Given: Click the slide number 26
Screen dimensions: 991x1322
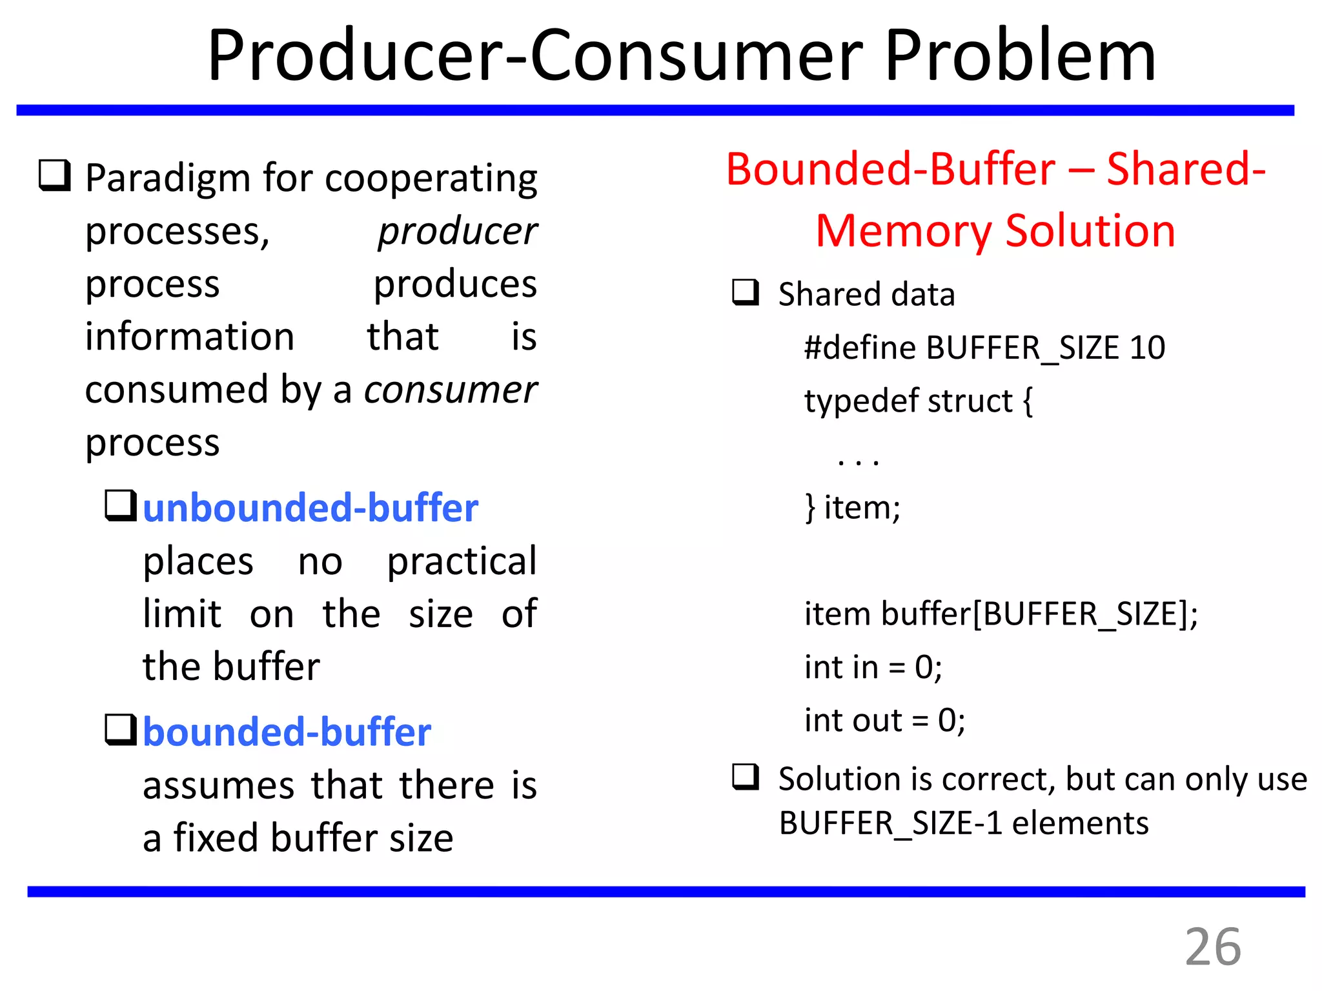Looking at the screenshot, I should pyautogui.click(x=1212, y=947).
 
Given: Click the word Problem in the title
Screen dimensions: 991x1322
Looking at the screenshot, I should pyautogui.click(x=1020, y=57).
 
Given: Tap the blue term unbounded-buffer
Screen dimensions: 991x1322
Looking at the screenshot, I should pyautogui.click(x=310, y=508).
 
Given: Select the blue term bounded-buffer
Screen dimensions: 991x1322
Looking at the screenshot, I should pyautogui.click(x=287, y=733).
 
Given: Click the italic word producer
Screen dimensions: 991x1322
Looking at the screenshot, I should pyautogui.click(x=457, y=231).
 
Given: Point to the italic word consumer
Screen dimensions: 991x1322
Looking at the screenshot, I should pyautogui.click(x=450, y=390).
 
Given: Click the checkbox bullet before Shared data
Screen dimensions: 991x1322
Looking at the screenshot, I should pyautogui.click(x=746, y=292).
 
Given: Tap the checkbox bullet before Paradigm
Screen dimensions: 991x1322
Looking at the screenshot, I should pyautogui.click(x=54, y=175).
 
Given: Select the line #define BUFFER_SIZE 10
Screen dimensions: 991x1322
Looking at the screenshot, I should pyautogui.click(x=984, y=348).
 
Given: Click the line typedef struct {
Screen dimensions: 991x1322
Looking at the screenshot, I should pyautogui.click(x=918, y=401).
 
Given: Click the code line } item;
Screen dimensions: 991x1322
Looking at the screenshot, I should pyautogui.click(x=852, y=508).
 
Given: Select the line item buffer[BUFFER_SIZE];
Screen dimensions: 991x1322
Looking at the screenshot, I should pyautogui.click(x=1001, y=614).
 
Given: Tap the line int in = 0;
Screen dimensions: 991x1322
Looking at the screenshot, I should pyautogui.click(x=873, y=667).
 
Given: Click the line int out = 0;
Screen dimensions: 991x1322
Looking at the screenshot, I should pyautogui.click(x=884, y=721).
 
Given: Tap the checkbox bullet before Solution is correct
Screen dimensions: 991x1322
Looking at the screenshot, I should pyautogui.click(x=746, y=777).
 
